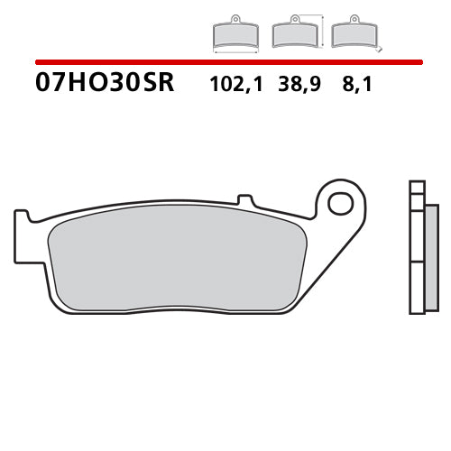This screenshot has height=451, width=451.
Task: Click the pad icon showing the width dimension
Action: [x=235, y=33]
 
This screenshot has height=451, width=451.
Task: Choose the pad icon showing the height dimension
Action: [x=295, y=33]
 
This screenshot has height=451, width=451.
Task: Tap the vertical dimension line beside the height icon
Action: [x=322, y=31]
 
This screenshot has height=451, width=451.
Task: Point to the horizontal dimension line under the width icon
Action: [x=235, y=52]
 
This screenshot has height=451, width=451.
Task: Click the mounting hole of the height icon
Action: [x=295, y=20]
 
